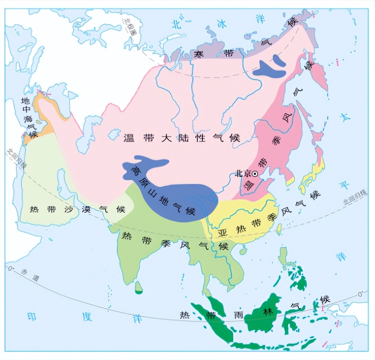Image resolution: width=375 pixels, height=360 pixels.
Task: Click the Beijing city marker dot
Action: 255,174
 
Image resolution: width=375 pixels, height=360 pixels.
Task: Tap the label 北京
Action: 243,173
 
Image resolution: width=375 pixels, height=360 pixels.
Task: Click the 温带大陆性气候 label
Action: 182,138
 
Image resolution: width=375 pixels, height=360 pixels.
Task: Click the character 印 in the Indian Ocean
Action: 32,317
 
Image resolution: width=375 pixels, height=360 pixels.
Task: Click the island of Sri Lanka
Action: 138,287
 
